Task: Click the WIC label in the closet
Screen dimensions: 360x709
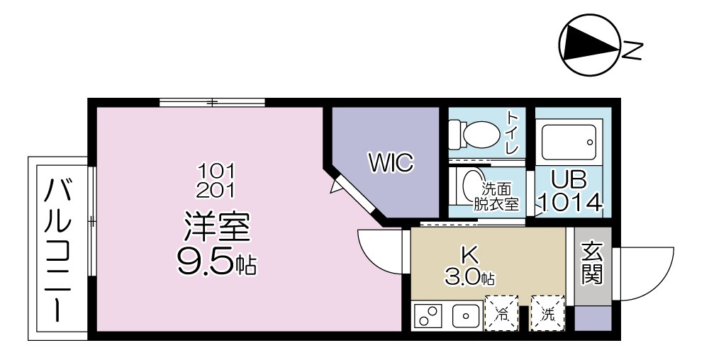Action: [x=390, y=163]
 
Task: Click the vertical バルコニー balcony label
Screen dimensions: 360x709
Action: [x=59, y=249]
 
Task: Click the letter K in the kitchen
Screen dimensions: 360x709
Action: [x=471, y=254]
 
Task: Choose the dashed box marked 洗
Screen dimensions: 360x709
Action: [x=547, y=313]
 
